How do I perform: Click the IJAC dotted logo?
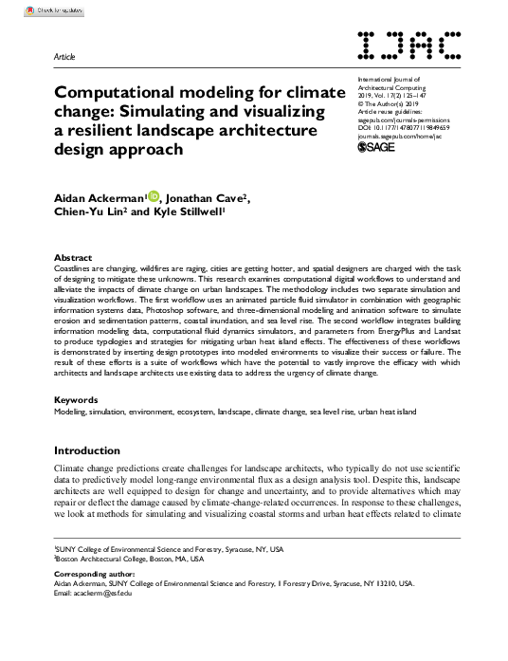410,46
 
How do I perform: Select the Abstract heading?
73,258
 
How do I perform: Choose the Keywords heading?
77,399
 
